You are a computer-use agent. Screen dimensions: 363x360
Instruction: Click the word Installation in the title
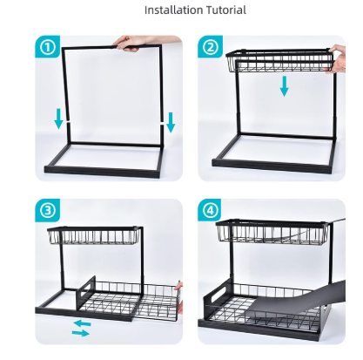click(x=174, y=10)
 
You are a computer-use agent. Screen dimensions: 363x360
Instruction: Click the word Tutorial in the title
click(x=226, y=10)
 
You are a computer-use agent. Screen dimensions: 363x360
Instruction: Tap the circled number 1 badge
click(x=48, y=47)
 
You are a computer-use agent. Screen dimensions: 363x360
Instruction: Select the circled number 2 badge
click(x=210, y=47)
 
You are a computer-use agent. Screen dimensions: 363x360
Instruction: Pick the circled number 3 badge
click(x=48, y=210)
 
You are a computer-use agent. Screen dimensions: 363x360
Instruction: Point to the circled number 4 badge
click(x=210, y=210)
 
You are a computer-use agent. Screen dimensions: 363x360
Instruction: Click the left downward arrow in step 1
click(x=58, y=119)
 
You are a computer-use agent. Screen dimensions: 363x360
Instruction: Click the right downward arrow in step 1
click(x=171, y=122)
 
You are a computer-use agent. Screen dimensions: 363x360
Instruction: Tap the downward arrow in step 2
click(x=285, y=86)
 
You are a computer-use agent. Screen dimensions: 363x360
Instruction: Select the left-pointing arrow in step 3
click(x=82, y=323)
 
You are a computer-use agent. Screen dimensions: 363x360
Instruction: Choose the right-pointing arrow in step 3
click(x=81, y=333)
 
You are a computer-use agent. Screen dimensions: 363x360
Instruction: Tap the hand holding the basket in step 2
click(x=337, y=59)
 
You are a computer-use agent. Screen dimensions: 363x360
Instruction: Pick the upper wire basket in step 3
click(x=95, y=235)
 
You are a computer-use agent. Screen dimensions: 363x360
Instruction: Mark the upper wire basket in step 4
click(x=272, y=232)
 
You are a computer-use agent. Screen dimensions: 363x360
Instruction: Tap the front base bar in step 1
click(x=102, y=172)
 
